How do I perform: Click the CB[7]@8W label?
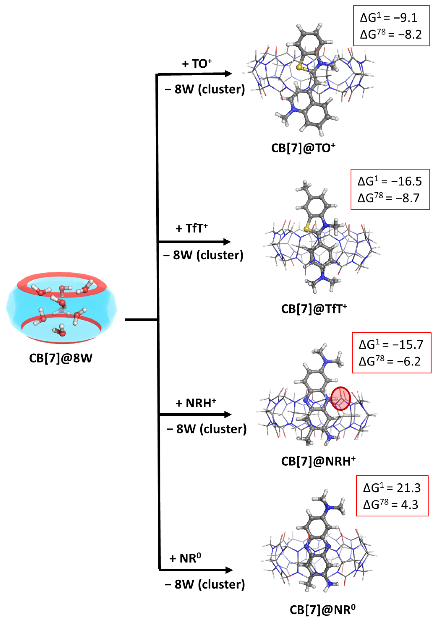(x=61, y=358)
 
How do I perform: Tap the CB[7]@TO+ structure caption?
(x=303, y=148)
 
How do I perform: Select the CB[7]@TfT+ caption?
(x=314, y=309)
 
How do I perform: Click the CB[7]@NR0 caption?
(x=322, y=610)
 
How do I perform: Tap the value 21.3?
(x=408, y=488)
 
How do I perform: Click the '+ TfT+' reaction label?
(x=191, y=228)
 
